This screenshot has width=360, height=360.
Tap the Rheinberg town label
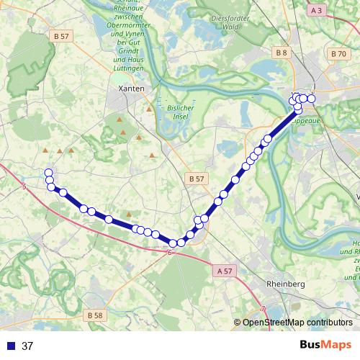click(286, 284)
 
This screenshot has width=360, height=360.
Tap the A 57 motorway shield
click(225, 271)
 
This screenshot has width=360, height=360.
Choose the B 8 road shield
click(281, 53)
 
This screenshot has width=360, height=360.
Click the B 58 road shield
click(94, 315)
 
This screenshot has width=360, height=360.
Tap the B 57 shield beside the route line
click(195, 178)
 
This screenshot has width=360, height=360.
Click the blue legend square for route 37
click(11, 346)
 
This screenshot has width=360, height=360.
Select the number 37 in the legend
click(28, 346)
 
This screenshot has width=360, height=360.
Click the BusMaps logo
click(326, 345)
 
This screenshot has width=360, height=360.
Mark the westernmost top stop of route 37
click(48, 173)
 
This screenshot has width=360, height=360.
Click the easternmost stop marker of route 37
click(311, 98)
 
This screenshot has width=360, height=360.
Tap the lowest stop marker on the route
click(174, 243)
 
